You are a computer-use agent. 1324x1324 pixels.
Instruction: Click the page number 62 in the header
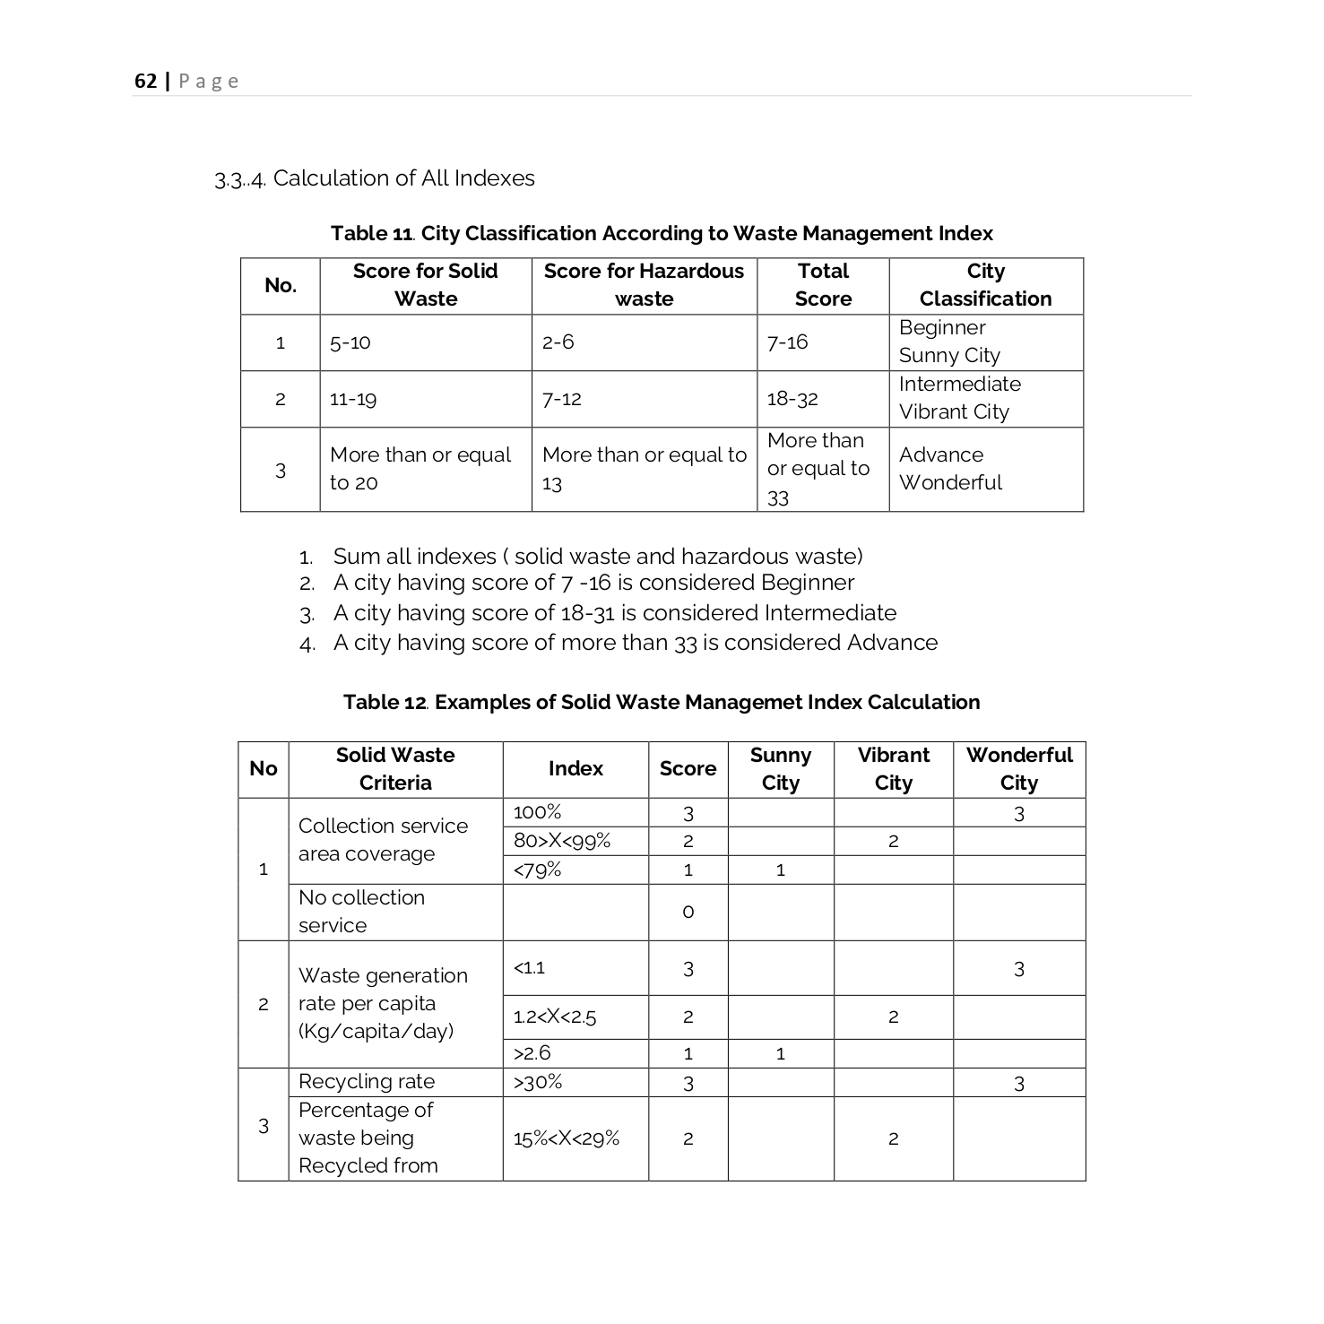pos(145,82)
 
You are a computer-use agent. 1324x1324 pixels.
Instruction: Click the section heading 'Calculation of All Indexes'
pos(403,178)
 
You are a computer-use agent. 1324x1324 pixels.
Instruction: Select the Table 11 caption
pos(662,234)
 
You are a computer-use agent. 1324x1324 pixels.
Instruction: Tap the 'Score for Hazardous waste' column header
pos(644,285)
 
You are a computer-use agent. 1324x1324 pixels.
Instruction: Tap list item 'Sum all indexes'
pos(597,557)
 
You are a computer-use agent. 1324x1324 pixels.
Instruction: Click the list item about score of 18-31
pos(614,613)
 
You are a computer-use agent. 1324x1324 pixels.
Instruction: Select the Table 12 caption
pos(662,702)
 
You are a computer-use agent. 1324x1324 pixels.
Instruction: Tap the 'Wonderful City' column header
pos(1019,769)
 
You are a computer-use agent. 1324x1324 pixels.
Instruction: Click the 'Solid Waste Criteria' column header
pos(395,769)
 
